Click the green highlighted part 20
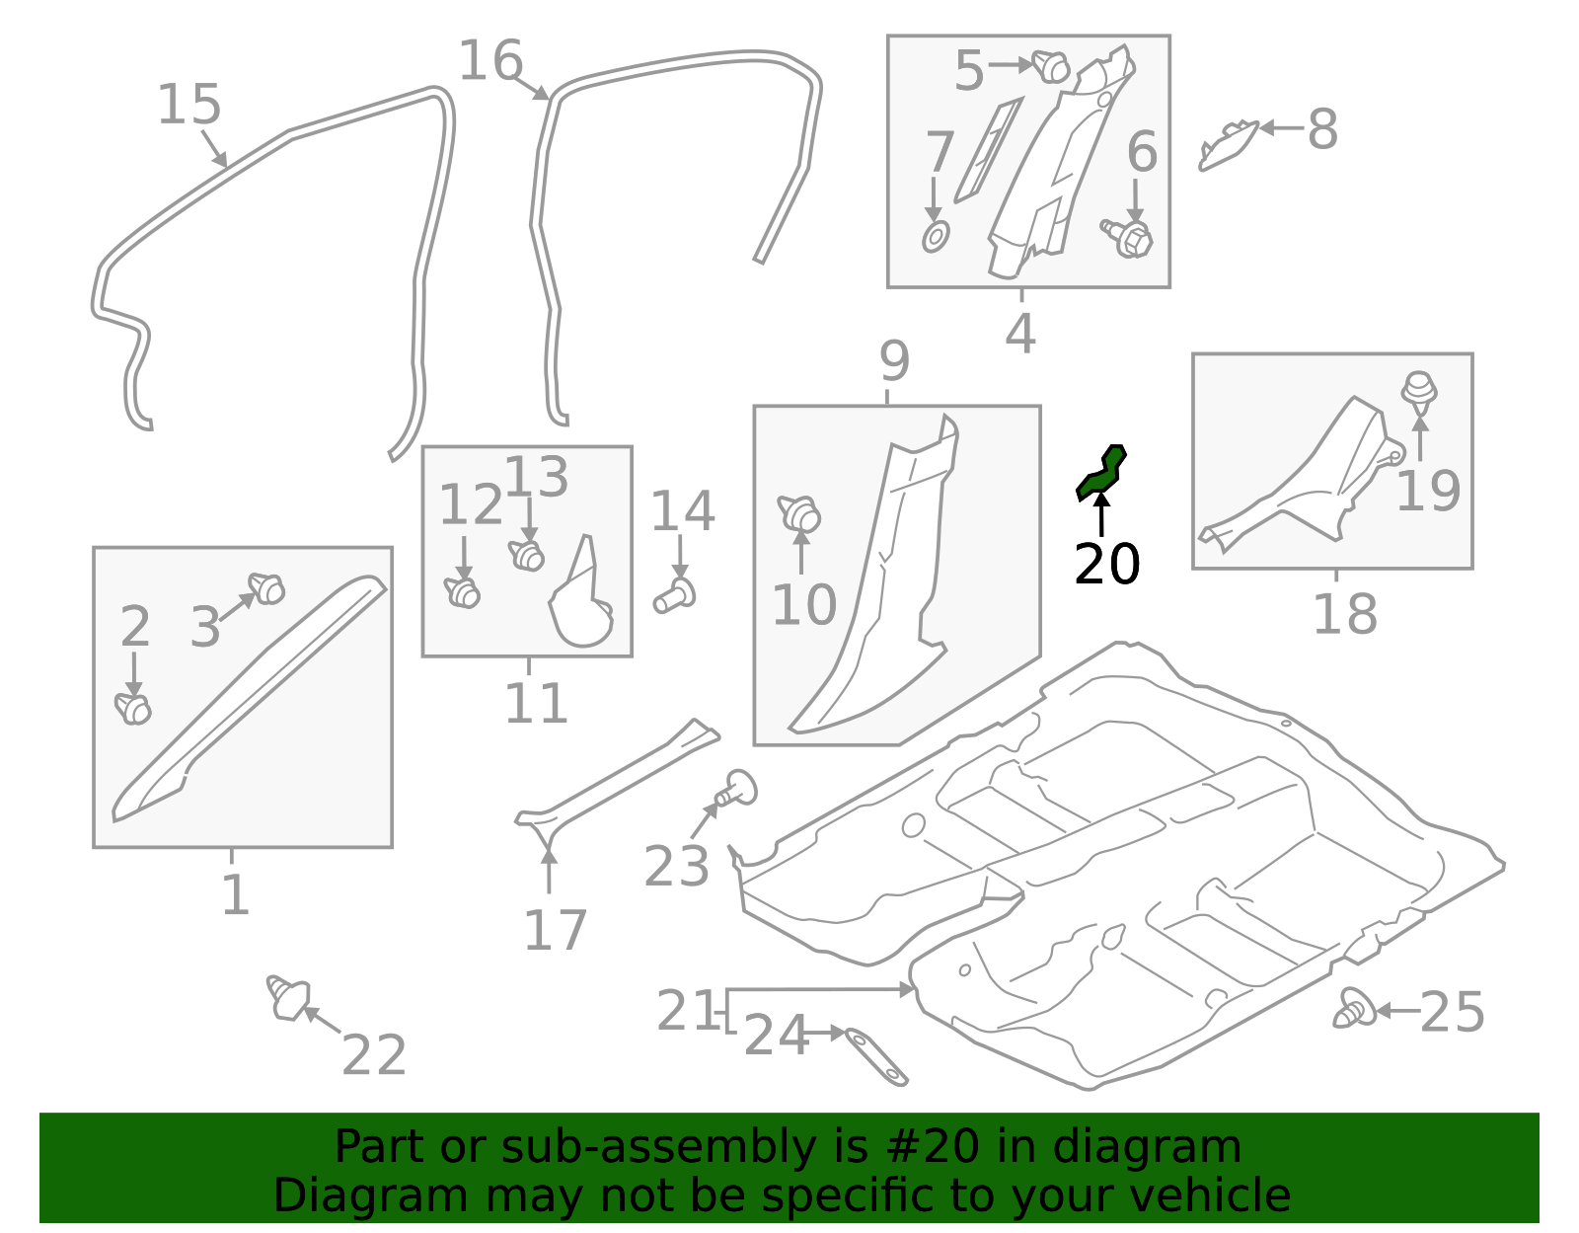click(1101, 473)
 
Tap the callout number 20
click(1106, 565)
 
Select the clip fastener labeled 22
click(287, 998)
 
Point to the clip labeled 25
click(1356, 1010)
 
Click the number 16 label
click(490, 61)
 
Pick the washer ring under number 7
click(935, 237)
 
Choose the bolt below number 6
click(1129, 237)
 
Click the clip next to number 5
click(1051, 66)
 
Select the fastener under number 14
click(676, 595)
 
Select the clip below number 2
click(133, 708)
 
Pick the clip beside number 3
click(266, 588)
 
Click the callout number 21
click(688, 1011)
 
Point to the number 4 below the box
click(1020, 334)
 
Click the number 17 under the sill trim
click(555, 930)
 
